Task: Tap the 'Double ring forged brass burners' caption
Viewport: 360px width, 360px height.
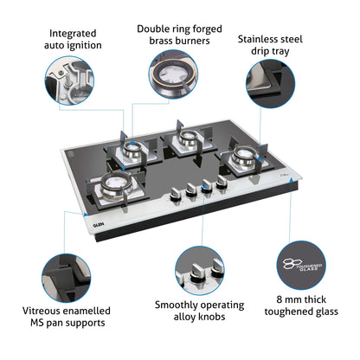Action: click(x=179, y=34)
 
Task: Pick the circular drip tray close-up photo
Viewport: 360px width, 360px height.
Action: click(x=276, y=88)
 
